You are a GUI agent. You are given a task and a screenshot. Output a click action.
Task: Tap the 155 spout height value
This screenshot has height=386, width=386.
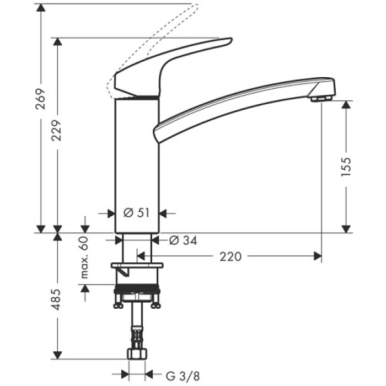point(346,167)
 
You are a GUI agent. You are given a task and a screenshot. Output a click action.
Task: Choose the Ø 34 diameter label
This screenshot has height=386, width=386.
point(183,240)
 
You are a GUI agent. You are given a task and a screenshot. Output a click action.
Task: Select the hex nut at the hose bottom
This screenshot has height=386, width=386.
point(137,353)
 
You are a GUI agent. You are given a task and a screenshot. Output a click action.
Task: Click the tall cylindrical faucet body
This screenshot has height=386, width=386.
point(136,165)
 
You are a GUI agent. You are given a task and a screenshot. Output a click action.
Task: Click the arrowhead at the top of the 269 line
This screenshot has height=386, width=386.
point(40,7)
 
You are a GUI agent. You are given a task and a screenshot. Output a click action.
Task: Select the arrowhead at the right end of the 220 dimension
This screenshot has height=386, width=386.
point(318,256)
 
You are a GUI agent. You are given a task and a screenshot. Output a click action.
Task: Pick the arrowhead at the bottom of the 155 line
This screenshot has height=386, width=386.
point(346,229)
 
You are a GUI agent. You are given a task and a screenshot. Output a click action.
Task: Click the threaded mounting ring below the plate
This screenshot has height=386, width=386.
point(137,291)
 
